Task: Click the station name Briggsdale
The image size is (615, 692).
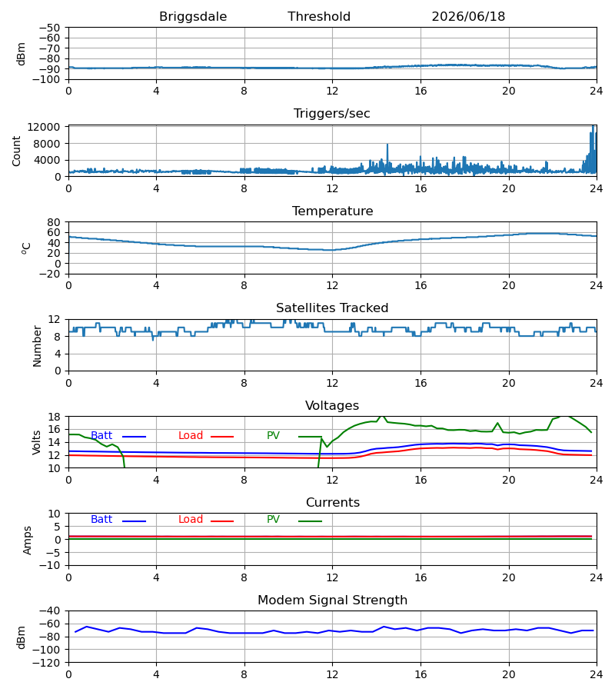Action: tap(193, 17)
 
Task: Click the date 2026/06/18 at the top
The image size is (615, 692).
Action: tap(468, 17)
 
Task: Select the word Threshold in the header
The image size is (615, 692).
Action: tap(319, 17)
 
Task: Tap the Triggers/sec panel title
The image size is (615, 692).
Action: tap(332, 114)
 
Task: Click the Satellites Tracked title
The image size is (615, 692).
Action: tap(332, 308)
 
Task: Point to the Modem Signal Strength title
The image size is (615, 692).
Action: tap(332, 601)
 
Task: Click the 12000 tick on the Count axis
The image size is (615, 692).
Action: tap(44, 127)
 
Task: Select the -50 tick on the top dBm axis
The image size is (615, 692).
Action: tap(49, 28)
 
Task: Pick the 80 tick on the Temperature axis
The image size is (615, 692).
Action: tap(54, 222)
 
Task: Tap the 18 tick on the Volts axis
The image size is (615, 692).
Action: tap(54, 417)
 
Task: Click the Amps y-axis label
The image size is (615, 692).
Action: tap(28, 540)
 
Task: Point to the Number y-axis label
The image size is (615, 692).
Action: tap(37, 346)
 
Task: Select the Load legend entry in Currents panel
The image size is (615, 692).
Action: tap(205, 520)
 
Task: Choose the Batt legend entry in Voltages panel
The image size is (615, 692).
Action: tap(118, 436)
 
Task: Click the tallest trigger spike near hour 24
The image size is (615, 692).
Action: tap(593, 126)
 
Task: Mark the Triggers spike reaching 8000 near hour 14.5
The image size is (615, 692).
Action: tap(387, 145)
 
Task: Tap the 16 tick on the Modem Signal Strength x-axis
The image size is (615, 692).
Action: tap(421, 675)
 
